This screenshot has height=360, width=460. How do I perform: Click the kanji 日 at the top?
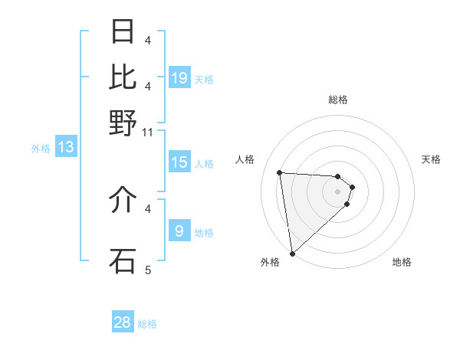click(x=123, y=32)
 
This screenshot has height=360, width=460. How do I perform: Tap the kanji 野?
click(x=123, y=123)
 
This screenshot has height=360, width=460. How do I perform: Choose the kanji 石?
click(x=123, y=260)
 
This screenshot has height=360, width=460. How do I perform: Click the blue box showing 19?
click(x=179, y=77)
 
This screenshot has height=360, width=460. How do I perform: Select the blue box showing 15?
click(x=179, y=162)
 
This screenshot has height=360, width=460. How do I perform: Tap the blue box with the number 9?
click(x=179, y=231)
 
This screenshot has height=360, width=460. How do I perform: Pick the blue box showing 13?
click(x=65, y=147)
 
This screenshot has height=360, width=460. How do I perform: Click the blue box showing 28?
click(x=123, y=322)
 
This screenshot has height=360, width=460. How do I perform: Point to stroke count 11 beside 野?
click(x=148, y=133)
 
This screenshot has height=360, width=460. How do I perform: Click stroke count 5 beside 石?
click(x=148, y=270)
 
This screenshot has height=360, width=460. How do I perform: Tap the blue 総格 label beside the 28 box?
click(x=147, y=324)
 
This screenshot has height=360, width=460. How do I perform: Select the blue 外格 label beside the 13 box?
click(x=41, y=149)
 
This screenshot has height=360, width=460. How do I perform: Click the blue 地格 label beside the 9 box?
click(x=204, y=233)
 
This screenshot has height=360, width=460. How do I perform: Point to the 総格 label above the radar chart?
click(x=338, y=100)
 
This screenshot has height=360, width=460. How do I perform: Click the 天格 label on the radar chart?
click(x=432, y=159)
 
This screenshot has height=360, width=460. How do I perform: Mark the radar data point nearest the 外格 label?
click(x=292, y=254)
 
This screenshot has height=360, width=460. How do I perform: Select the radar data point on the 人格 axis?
click(x=280, y=172)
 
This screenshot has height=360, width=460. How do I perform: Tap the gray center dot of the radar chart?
click(x=338, y=191)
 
